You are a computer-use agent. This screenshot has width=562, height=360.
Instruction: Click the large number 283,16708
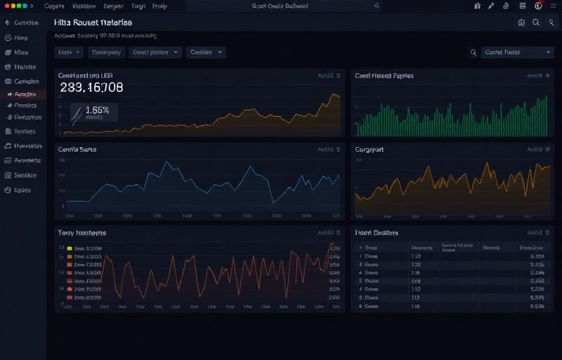pyautogui.click(x=91, y=88)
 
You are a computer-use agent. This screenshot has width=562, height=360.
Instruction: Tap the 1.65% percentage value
pyautogui.click(x=97, y=110)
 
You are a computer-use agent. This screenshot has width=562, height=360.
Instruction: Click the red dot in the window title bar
pyautogui.click(x=7, y=6)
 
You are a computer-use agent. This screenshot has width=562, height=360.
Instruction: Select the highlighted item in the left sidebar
pyautogui.click(x=25, y=94)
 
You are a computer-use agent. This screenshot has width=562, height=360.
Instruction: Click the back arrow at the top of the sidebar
pyautogui.click(x=8, y=22)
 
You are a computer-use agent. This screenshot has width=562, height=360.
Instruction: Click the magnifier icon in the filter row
pyautogui.click(x=473, y=52)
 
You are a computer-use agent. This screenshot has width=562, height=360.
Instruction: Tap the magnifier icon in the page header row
pyautogui.click(x=536, y=22)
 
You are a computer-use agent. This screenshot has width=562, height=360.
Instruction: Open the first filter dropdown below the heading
pyautogui.click(x=69, y=52)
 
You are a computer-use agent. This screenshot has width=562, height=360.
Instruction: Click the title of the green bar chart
pyautogui.click(x=384, y=75)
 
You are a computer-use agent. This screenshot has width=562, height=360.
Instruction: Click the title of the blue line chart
pyautogui.click(x=77, y=149)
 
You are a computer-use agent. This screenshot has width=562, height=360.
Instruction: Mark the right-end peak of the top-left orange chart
pyautogui.click(x=336, y=94)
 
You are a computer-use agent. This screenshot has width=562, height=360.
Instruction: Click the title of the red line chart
pyautogui.click(x=81, y=232)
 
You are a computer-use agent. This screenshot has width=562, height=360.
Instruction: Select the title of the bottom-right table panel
pyautogui.click(x=376, y=232)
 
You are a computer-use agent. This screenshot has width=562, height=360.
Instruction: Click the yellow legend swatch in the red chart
pyautogui.click(x=70, y=248)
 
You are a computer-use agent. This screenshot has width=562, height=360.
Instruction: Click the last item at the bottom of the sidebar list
pyautogui.click(x=22, y=190)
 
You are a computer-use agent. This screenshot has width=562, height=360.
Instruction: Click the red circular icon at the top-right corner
pyautogui.click(x=538, y=6)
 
